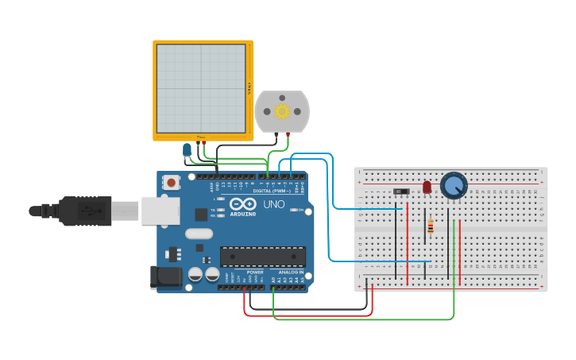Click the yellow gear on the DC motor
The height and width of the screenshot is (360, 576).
click(x=282, y=111)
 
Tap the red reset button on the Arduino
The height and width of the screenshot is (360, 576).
click(x=171, y=183)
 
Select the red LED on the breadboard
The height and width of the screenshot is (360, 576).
click(x=427, y=187)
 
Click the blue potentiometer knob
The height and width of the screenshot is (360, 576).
click(x=454, y=186)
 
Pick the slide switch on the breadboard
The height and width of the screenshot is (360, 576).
click(x=402, y=192)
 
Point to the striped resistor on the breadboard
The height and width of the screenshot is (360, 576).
click(x=431, y=226)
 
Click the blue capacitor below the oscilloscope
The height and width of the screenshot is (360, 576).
click(x=187, y=150)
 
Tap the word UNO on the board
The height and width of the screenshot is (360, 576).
click(x=273, y=204)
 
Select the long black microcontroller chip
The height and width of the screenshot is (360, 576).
click(x=262, y=256)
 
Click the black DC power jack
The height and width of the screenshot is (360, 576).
click(x=164, y=277)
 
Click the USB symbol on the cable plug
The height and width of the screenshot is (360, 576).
click(x=90, y=211)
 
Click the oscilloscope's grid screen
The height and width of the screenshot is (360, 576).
click(x=201, y=88)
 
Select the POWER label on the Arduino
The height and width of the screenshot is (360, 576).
click(x=255, y=272)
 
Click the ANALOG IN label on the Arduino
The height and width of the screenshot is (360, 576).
click(x=291, y=272)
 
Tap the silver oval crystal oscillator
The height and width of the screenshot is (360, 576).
click(x=199, y=234)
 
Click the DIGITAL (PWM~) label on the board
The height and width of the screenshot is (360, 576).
click(x=269, y=192)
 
